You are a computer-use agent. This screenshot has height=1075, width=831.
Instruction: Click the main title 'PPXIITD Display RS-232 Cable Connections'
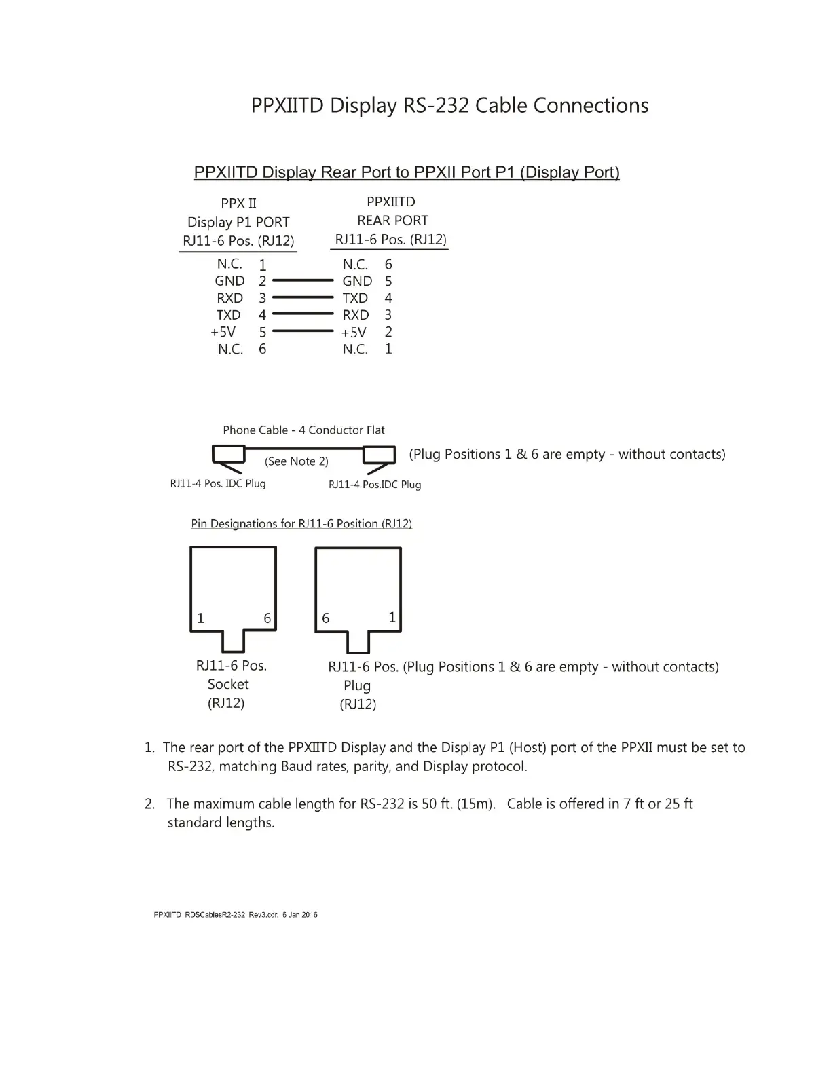coord(449,106)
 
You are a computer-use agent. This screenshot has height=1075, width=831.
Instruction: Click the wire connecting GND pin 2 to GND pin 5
coord(303,280)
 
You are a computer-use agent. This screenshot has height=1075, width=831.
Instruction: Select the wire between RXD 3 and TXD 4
coord(303,297)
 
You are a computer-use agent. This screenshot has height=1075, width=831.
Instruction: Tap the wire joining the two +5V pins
coord(303,331)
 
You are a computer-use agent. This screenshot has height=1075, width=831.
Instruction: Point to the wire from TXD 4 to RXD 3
coord(303,314)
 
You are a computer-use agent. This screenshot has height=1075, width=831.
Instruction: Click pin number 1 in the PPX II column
coord(263,265)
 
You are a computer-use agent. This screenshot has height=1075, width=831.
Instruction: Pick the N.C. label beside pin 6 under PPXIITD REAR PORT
coord(355,265)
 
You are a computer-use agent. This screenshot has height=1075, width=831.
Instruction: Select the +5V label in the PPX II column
coord(223,332)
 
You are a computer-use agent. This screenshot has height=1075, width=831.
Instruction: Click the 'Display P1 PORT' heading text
coord(238,223)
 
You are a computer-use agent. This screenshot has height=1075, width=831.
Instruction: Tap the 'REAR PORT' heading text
coord(392,221)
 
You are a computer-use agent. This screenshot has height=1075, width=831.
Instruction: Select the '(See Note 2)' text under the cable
coord(296,461)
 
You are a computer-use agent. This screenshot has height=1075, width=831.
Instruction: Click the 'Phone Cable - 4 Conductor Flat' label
coord(303,430)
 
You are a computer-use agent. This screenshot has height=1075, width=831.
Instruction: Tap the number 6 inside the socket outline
coord(267,618)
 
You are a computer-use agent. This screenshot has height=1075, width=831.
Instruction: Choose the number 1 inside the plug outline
coord(392,617)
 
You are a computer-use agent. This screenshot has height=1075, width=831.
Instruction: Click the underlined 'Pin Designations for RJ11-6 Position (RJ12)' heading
coord(301,524)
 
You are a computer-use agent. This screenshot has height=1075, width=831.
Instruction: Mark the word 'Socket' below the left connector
coord(228,684)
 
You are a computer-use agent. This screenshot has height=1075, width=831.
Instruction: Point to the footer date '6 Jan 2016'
coord(299,915)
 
